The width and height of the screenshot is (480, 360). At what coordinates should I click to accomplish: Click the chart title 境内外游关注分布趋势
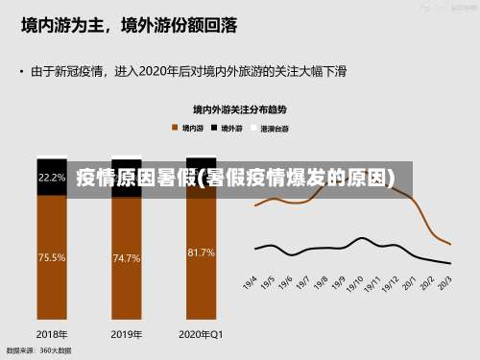(239, 109)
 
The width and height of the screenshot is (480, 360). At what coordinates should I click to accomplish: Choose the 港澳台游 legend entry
(271, 127)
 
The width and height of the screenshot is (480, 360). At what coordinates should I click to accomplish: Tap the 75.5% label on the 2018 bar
(52, 257)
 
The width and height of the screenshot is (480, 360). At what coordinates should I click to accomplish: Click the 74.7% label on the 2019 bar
(127, 257)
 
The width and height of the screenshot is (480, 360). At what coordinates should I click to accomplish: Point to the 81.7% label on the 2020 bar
(201, 252)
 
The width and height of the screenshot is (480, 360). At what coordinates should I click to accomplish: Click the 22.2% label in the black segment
(52, 177)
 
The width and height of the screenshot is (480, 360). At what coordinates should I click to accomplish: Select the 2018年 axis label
(52, 334)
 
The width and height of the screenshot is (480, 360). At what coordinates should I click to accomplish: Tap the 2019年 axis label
(127, 334)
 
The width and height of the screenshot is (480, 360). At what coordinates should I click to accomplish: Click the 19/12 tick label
(392, 284)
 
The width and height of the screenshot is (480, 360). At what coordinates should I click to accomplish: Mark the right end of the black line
(450, 263)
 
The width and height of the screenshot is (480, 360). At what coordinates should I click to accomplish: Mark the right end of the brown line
(450, 244)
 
